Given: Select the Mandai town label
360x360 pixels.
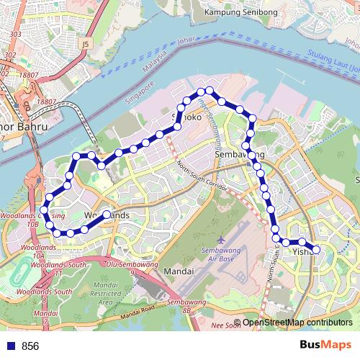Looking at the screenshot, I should point(179,271).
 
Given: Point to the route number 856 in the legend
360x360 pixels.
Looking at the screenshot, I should point(30,346).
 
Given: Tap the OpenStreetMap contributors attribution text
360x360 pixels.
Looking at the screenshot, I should point(297,323).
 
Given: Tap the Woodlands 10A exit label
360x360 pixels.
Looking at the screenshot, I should point(33,251).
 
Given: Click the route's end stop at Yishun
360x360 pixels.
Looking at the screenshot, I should point(316,249).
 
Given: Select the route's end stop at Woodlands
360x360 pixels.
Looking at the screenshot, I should point(107,215).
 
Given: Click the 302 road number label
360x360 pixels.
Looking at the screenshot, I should point(10,54).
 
